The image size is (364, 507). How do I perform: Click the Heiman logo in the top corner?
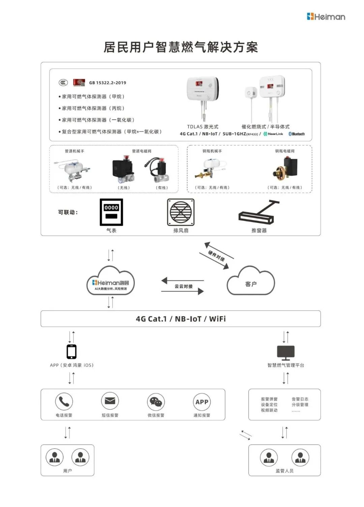[326, 17]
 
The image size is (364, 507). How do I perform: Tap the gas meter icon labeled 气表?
[111, 212]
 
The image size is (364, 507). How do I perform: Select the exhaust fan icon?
[181, 212]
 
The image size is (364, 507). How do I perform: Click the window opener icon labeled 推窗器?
[259, 212]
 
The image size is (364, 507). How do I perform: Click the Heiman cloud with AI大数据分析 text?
[111, 282]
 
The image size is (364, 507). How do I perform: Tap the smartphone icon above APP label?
[71, 352]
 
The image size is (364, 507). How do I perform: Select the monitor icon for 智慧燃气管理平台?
[286, 353]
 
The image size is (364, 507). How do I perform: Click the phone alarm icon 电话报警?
[64, 401]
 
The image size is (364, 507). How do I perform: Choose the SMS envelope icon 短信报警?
[110, 401]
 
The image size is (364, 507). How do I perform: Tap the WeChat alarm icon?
[156, 401]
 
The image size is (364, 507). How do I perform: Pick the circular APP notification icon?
[202, 401]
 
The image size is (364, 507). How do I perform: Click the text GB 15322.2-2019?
[108, 83]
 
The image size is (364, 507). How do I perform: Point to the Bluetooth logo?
[297, 134]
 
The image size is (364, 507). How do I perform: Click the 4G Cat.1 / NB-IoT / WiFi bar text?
[181, 319]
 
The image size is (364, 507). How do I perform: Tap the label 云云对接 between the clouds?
[184, 286]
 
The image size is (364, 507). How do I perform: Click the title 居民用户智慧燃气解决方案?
[181, 47]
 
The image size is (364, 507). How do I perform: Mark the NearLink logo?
[273, 134]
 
